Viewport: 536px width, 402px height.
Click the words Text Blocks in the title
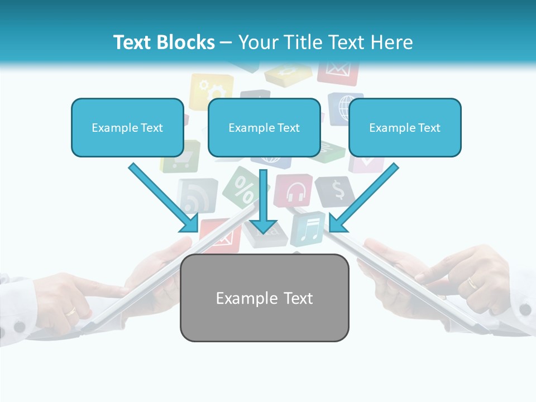pos(164,42)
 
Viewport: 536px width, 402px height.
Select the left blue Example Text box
pos(127,127)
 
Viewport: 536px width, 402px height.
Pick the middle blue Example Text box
pos(264,127)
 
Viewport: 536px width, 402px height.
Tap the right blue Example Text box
pos(405,127)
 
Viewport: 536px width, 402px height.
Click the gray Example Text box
pos(264,298)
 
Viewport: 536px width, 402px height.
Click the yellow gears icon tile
pos(211,89)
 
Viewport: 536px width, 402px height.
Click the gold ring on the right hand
pos(472,283)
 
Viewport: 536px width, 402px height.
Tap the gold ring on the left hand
pos(71,311)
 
